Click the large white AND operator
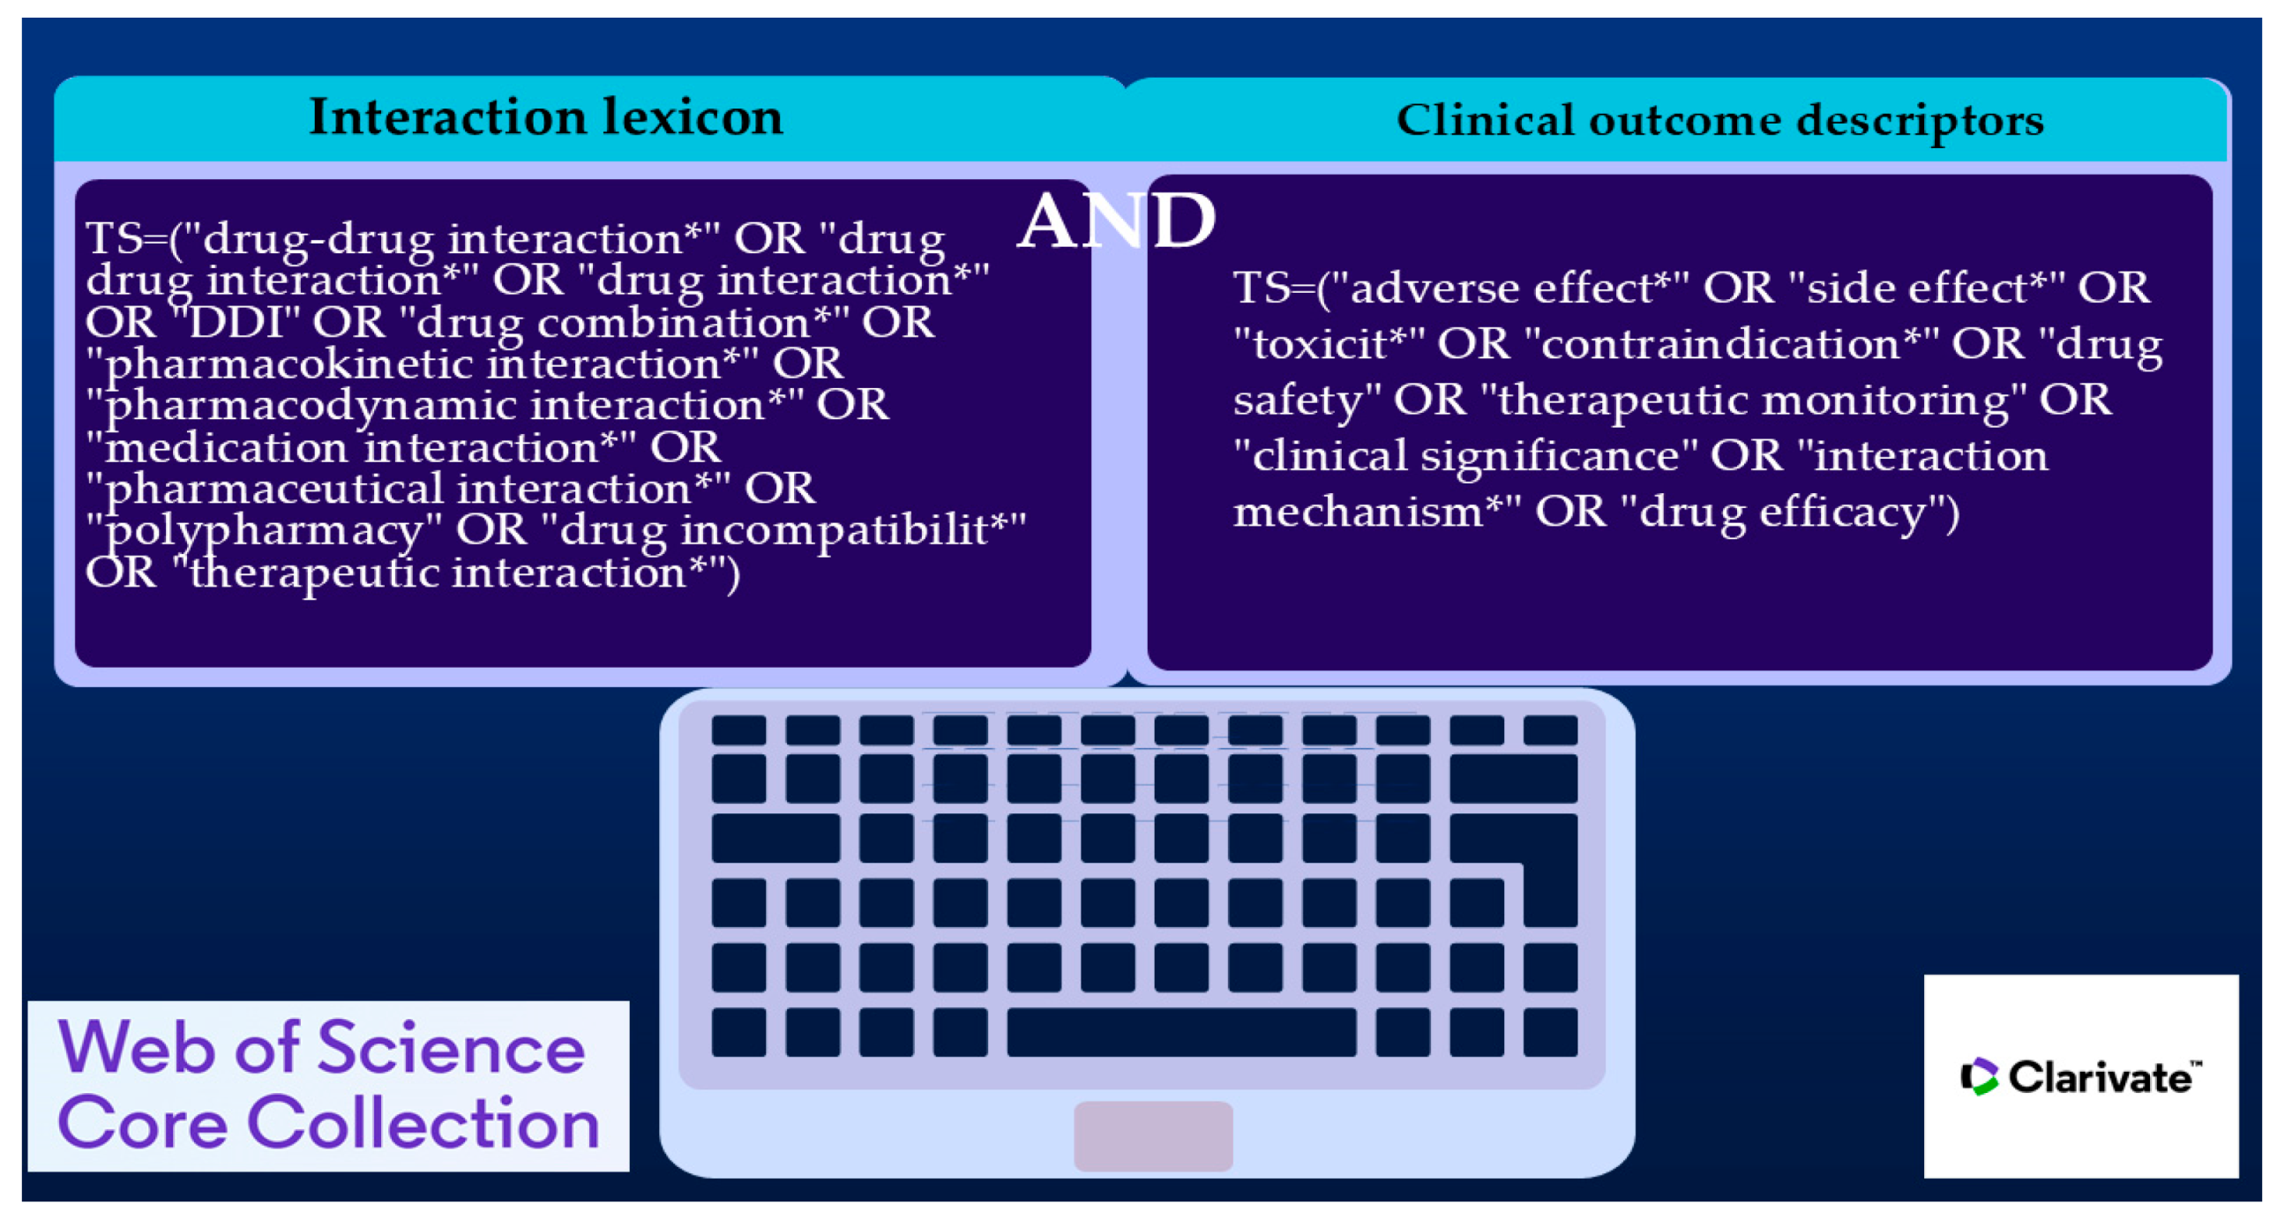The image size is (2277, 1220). tap(1116, 221)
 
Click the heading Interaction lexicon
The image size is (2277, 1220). tap(546, 116)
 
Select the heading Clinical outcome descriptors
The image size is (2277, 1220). tap(1720, 121)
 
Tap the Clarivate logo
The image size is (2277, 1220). tap(2081, 1076)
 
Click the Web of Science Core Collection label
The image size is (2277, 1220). tap(328, 1086)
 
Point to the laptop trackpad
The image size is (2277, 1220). tap(1153, 1136)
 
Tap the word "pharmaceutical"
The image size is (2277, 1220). tap(266, 490)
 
